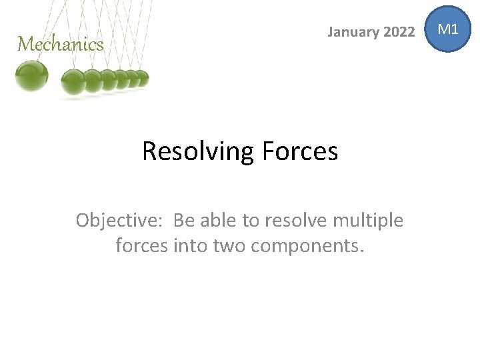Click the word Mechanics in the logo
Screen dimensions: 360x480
coord(61,45)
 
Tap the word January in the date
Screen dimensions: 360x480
coord(353,31)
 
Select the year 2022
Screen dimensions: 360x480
coord(398,31)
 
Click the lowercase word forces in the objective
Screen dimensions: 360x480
coord(142,245)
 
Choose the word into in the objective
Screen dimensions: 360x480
coord(191,245)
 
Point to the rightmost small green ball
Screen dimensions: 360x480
coord(143,79)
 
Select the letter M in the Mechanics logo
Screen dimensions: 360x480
coord(25,45)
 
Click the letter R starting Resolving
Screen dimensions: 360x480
coord(151,151)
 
